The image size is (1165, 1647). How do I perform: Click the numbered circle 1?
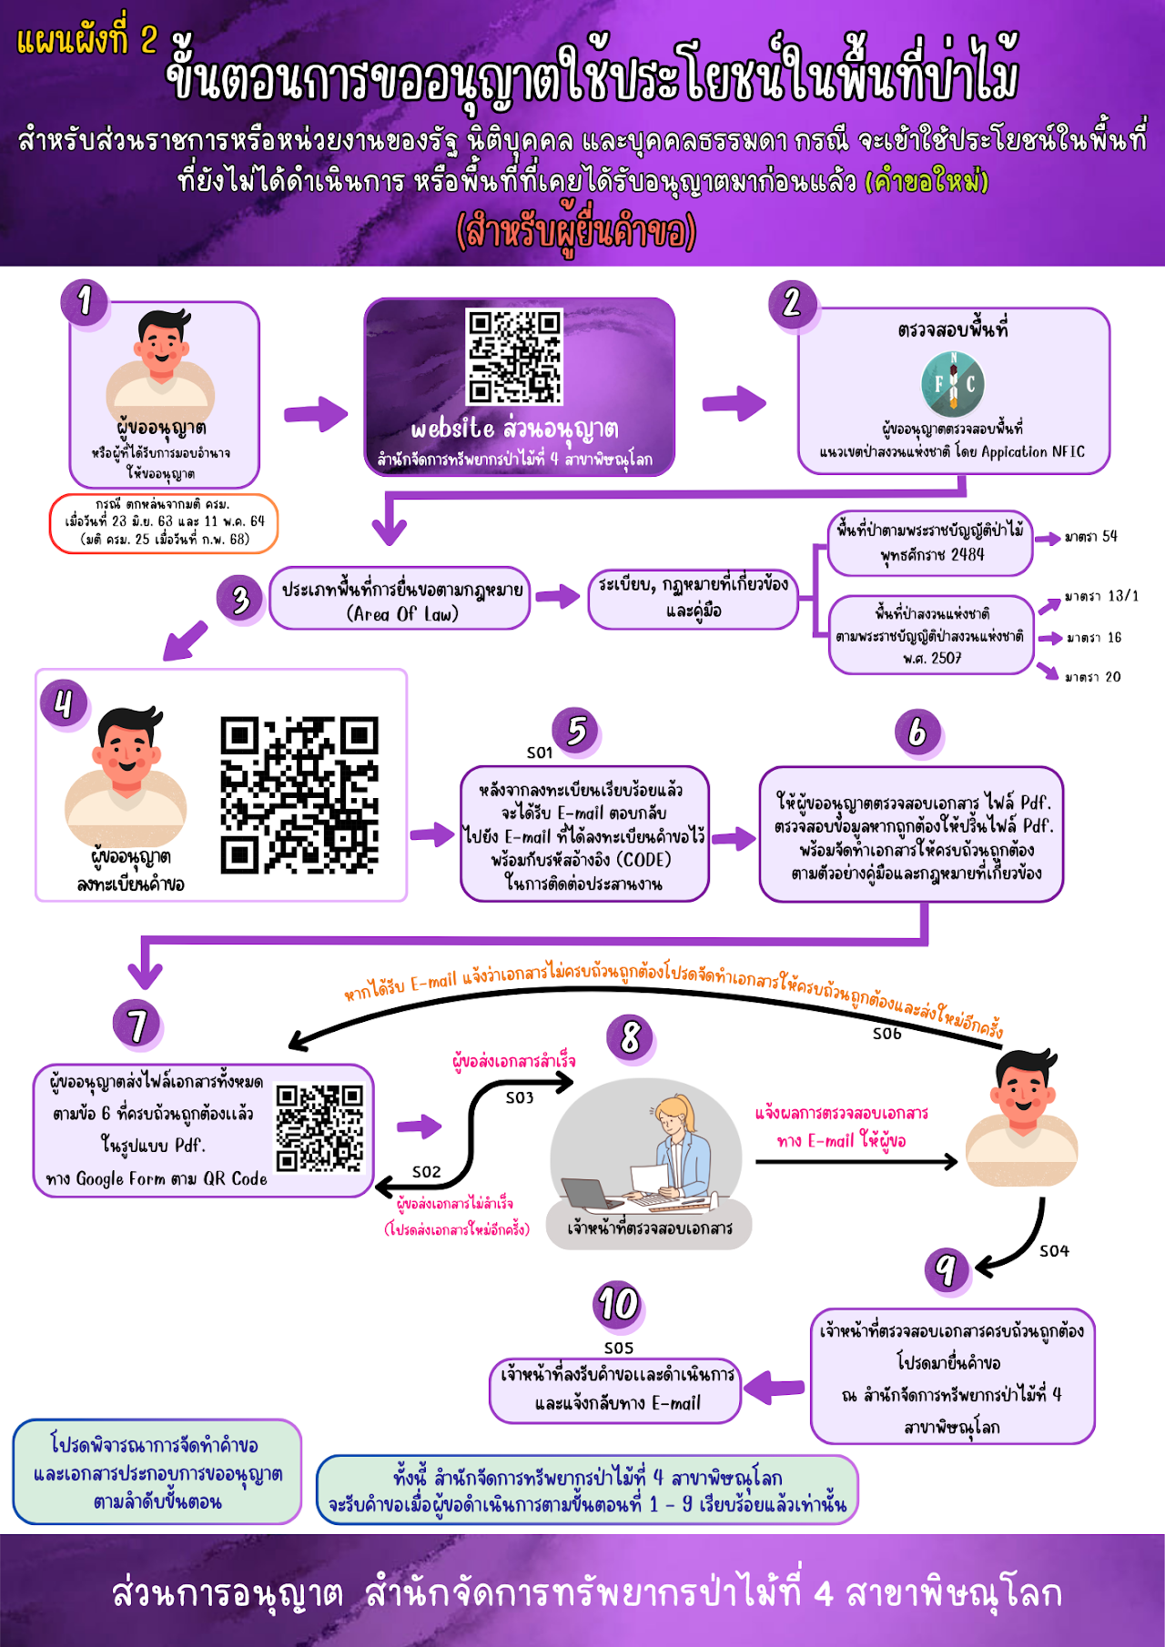[85, 300]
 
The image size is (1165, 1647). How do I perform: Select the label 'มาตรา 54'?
[1090, 537]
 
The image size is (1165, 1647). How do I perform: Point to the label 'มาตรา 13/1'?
[1101, 596]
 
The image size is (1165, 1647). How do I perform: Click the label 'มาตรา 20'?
[1093, 677]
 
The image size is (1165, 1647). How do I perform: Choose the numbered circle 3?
[240, 600]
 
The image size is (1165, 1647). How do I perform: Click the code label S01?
[540, 753]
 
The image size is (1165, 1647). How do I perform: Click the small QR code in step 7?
[319, 1128]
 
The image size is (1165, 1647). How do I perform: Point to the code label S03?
[520, 1098]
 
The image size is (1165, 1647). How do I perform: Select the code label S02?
[426, 1172]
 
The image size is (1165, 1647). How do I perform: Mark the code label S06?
[886, 1034]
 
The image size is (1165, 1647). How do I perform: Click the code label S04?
[1054, 1251]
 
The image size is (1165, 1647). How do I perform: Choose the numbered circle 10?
[618, 1304]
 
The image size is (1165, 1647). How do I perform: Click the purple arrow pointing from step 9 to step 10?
[775, 1388]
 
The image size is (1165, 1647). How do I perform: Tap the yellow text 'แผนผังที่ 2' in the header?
[87, 40]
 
